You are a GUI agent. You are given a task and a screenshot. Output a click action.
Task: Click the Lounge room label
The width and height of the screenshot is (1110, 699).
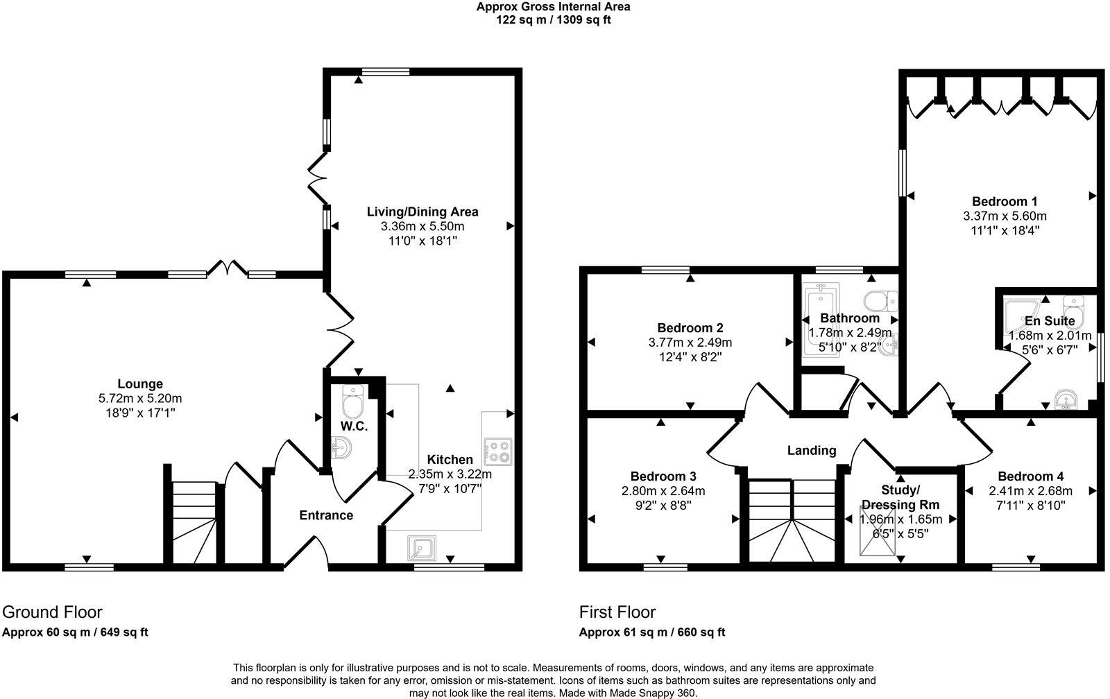click(139, 383)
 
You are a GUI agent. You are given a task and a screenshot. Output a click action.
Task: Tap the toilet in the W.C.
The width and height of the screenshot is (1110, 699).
click(353, 402)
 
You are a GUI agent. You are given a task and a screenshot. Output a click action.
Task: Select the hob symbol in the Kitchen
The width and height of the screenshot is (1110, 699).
click(497, 451)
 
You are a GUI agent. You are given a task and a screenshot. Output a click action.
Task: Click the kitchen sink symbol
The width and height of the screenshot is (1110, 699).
click(422, 548)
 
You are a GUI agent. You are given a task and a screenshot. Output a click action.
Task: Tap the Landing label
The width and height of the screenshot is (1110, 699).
click(811, 451)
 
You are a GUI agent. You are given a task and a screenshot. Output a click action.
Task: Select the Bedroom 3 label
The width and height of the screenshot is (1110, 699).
click(663, 476)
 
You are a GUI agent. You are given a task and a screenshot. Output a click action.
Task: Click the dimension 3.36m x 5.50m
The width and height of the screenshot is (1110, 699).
click(422, 226)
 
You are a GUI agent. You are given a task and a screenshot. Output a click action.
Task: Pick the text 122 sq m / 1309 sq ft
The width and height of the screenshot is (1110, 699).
click(552, 20)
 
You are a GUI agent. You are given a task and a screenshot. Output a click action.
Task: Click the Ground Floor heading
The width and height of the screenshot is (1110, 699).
click(52, 612)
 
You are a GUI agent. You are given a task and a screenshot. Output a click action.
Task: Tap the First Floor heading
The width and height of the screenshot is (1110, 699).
click(617, 612)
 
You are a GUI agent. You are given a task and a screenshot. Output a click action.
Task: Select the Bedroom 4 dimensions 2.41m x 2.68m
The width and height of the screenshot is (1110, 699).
click(1030, 491)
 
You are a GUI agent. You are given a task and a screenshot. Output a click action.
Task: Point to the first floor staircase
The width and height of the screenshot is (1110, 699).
click(792, 520)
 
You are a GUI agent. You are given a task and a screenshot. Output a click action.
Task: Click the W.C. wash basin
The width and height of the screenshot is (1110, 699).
click(342, 449)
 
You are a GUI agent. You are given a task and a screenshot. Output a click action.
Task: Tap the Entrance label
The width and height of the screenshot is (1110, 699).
click(325, 515)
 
